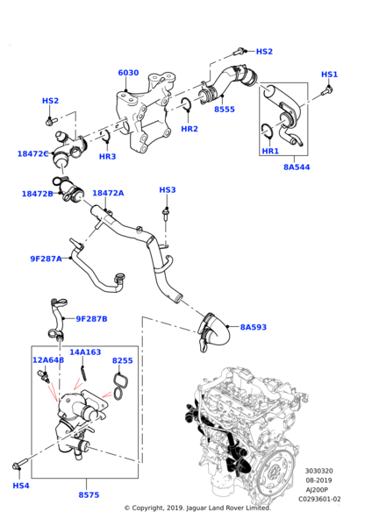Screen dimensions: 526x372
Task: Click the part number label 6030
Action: pyautogui.click(x=128, y=73)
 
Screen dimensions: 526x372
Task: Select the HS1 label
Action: pyautogui.click(x=329, y=75)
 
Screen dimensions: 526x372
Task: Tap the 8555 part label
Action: pyautogui.click(x=225, y=110)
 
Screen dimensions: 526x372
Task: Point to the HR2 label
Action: pyautogui.click(x=190, y=129)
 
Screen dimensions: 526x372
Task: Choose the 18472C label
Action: pyautogui.click(x=33, y=153)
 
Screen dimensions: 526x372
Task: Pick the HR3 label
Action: pyautogui.click(x=107, y=157)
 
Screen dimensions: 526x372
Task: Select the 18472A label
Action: pyautogui.click(x=108, y=193)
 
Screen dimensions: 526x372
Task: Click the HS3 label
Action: pyautogui.click(x=168, y=190)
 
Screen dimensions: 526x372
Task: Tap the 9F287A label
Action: pyautogui.click(x=46, y=259)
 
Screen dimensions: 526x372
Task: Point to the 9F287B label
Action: pyautogui.click(x=91, y=319)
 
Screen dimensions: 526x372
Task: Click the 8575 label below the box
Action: pyautogui.click(x=89, y=495)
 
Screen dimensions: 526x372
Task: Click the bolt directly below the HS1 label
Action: pyautogui.click(x=327, y=89)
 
